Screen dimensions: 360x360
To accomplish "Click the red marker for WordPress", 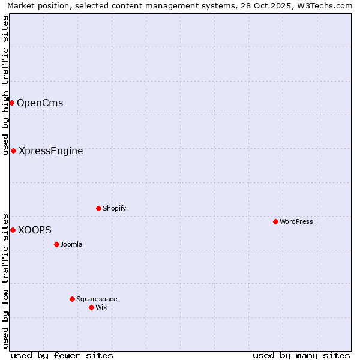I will point(275,221).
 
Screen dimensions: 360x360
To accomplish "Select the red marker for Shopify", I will point(98,208).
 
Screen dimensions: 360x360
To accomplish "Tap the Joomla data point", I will point(56,244).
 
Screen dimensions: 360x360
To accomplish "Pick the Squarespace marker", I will point(72,299).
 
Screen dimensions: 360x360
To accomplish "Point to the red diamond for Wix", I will point(91,307).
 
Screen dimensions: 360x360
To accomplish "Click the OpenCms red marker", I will point(11,103).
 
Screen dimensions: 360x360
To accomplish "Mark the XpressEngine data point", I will point(13,151).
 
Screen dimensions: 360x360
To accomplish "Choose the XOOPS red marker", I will point(13,230).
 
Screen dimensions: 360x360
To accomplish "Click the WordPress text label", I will point(296,221).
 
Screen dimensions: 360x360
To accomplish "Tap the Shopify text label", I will point(115,208).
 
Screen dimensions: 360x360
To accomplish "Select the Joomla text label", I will point(71,244).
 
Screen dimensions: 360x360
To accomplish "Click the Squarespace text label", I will point(97,299).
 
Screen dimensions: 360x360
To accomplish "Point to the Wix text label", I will point(101,307).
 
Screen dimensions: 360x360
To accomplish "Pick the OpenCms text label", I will point(40,103).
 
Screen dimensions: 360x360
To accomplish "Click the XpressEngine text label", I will point(51,151).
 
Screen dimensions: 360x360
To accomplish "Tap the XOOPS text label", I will point(35,230).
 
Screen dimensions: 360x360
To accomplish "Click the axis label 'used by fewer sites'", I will point(62,355).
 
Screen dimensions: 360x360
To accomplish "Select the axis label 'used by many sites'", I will point(301,355).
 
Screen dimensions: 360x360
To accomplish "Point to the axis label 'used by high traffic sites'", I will point(6,85).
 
